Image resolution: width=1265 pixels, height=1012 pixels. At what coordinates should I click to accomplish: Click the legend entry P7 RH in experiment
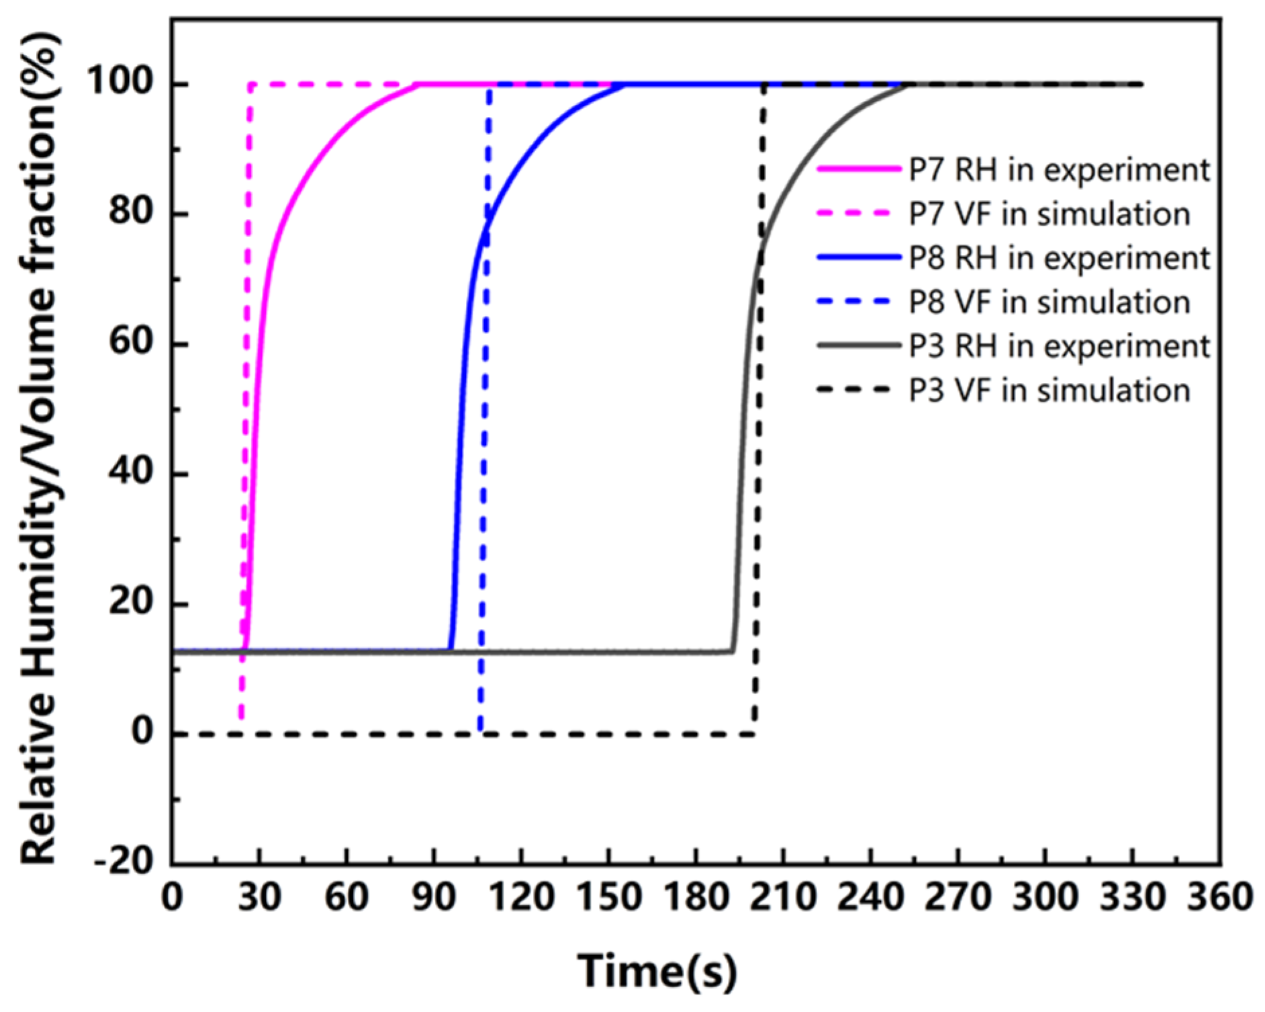click(1059, 170)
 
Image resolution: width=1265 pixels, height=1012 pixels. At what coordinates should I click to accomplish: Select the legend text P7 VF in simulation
click(1049, 214)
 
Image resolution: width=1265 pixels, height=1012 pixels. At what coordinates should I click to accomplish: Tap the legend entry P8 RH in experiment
click(1059, 258)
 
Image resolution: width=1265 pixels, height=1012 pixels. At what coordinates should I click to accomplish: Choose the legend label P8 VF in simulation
click(1049, 302)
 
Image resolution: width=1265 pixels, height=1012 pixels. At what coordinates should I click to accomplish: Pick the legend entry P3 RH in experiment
click(1059, 346)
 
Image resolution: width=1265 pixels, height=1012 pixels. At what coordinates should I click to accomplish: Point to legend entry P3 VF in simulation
click(1049, 390)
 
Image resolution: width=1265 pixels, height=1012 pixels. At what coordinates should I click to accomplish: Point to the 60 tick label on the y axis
click(131, 343)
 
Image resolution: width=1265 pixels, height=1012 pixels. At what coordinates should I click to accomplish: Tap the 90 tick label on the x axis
click(434, 897)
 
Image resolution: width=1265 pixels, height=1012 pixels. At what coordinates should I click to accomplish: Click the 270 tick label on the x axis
click(957, 897)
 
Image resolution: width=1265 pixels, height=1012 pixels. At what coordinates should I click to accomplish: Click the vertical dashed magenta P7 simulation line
click(246, 403)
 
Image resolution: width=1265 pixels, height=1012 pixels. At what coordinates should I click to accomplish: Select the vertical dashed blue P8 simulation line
click(484, 403)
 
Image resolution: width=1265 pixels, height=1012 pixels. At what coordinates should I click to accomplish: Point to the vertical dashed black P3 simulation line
click(759, 403)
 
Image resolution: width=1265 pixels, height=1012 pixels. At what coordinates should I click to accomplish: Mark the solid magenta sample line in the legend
click(857, 170)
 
